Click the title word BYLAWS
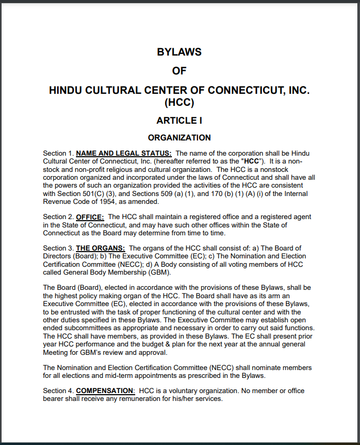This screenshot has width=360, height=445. coord(179,52)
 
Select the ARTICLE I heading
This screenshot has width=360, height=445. coord(179,120)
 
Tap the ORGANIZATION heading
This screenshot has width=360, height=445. coord(179,137)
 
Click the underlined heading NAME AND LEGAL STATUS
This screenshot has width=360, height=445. coord(124,153)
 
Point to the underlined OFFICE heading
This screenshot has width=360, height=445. coord(91,216)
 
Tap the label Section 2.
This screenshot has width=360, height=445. coord(58,216)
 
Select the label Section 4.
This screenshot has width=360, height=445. coord(58,390)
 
